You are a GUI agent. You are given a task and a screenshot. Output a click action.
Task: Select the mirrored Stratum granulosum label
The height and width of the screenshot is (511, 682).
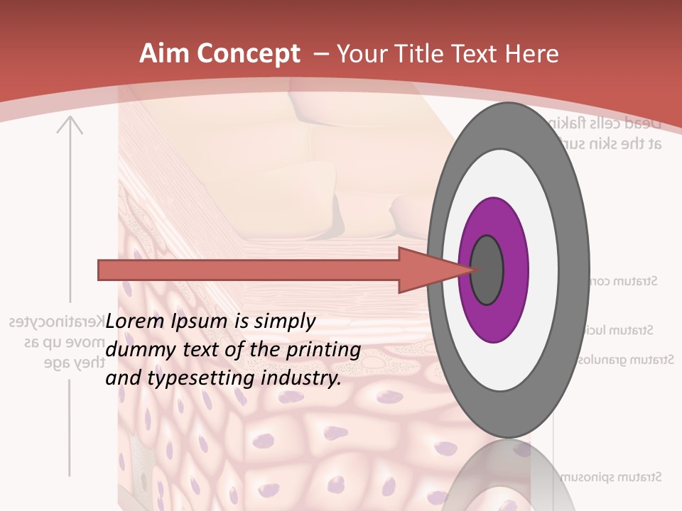625,360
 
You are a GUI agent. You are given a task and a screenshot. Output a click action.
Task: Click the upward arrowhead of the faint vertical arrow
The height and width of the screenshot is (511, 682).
70,125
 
